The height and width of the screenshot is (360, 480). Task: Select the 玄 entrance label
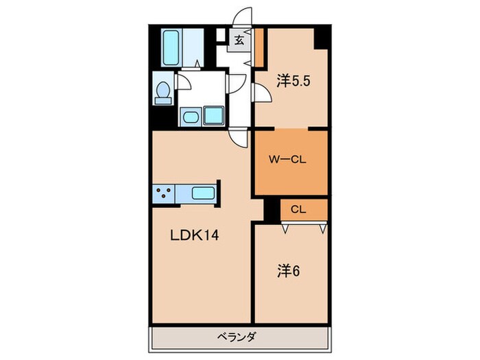coord(238,40)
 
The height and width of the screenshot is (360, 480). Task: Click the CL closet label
coord(298,209)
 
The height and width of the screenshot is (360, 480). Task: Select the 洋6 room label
coord(289,270)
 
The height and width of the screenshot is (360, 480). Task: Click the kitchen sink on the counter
coord(202,193)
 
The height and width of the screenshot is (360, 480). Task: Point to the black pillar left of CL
coord(272,210)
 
